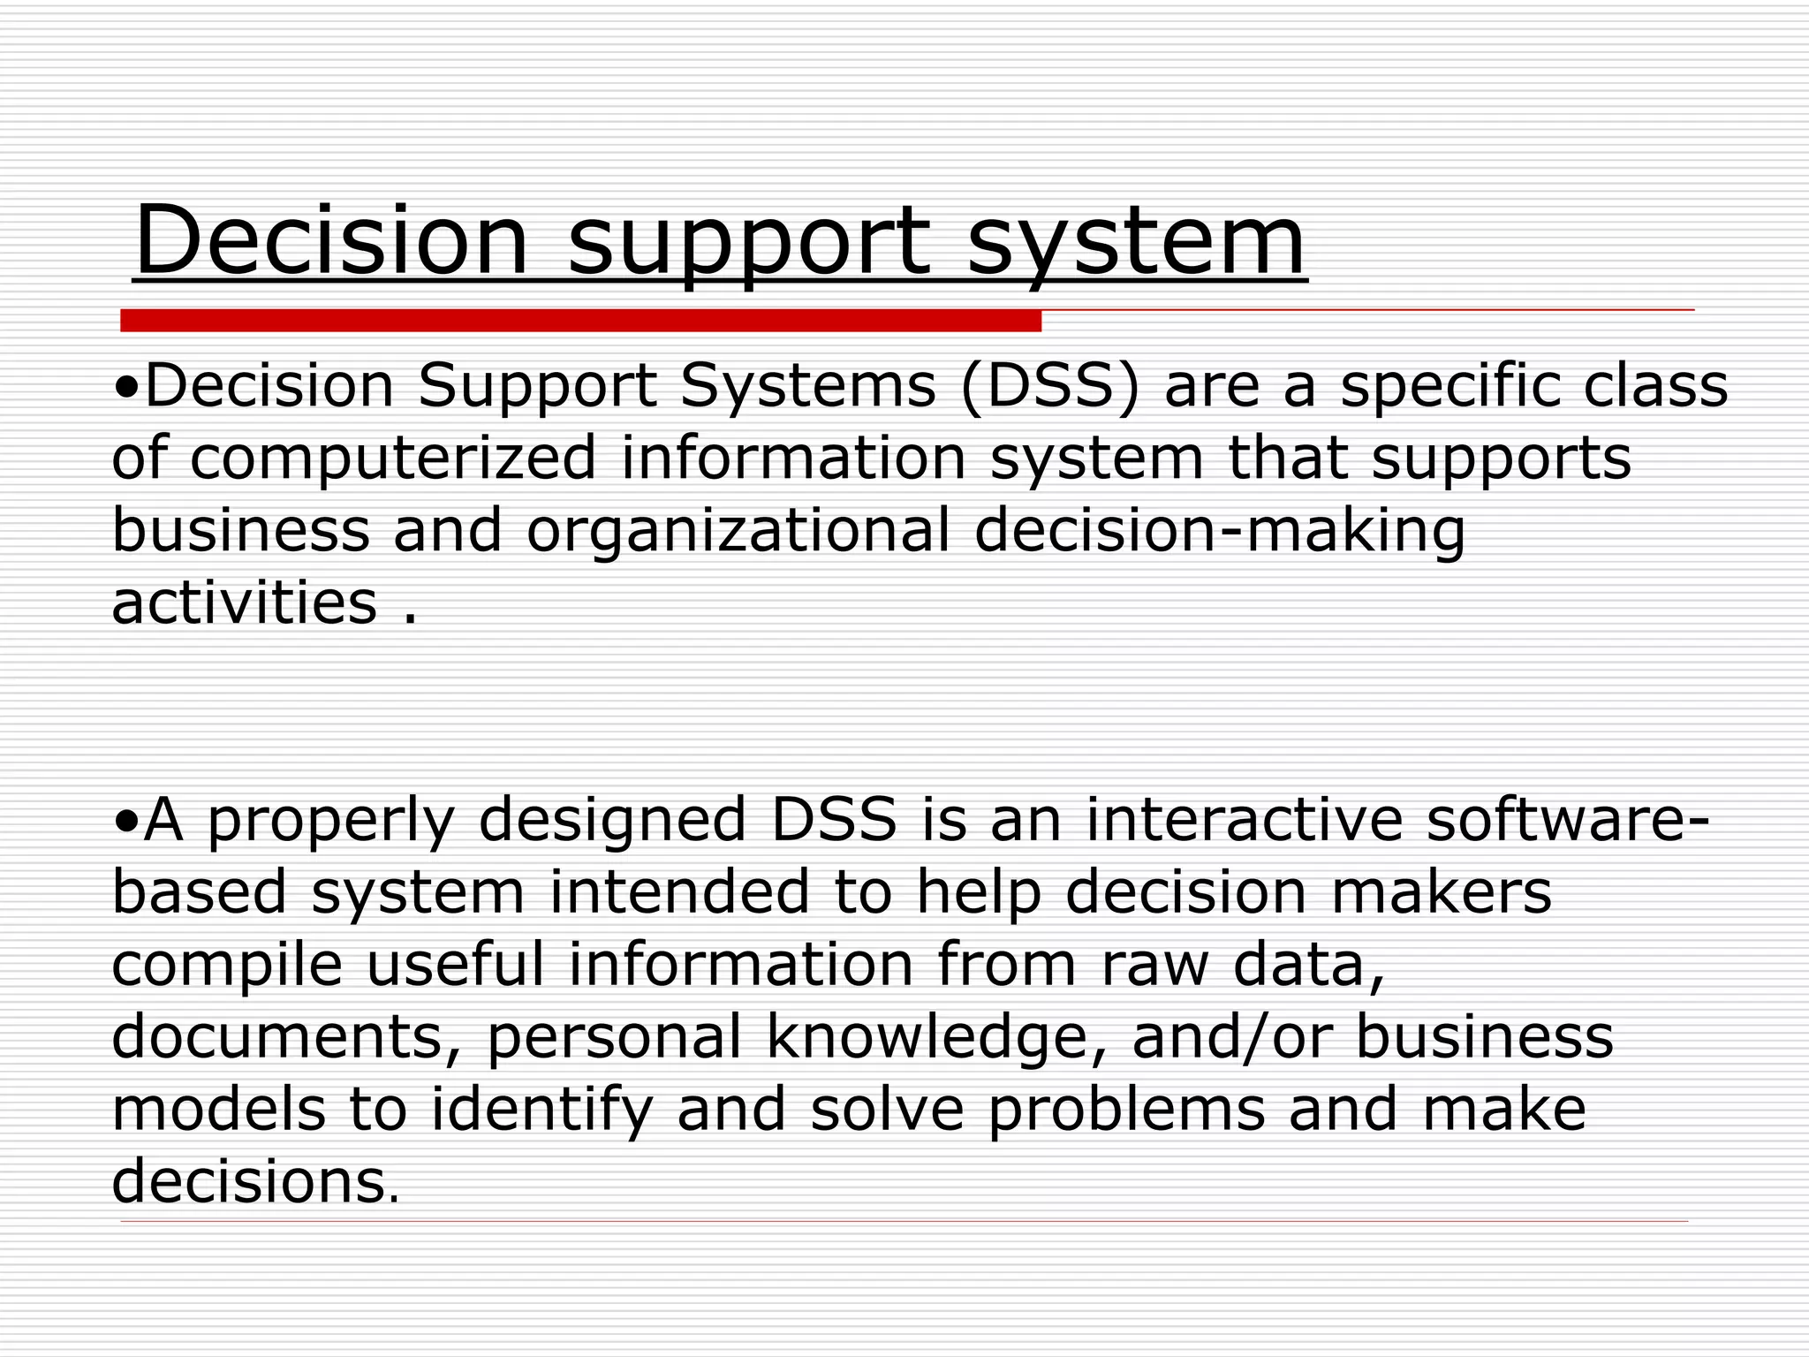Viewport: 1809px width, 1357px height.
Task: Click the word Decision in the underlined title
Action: pyautogui.click(x=331, y=240)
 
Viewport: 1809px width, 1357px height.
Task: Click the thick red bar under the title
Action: pyautogui.click(x=580, y=321)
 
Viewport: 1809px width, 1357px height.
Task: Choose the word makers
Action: pyautogui.click(x=1441, y=892)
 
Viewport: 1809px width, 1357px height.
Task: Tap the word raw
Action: pyautogui.click(x=1154, y=965)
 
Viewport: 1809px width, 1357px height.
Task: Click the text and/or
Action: pyautogui.click(x=1230, y=1037)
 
